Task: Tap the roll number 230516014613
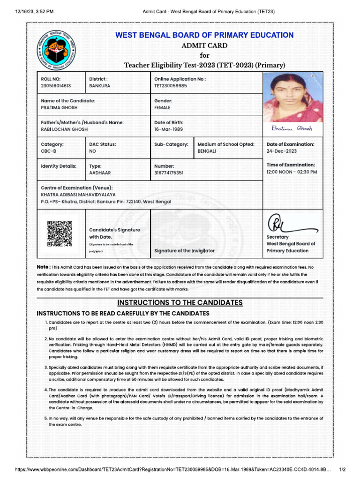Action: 56,86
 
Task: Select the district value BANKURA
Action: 100,86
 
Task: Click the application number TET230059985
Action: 171,86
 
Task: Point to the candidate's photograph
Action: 293,97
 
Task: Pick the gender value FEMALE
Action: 163,107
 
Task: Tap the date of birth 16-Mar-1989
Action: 169,129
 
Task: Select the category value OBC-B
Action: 49,151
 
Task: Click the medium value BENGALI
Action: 207,151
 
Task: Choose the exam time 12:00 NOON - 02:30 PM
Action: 292,172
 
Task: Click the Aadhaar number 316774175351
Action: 169,173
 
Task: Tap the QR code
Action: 60,233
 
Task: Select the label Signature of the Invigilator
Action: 184,251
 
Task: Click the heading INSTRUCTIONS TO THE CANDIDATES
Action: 180,303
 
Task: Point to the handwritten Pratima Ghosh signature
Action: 292,128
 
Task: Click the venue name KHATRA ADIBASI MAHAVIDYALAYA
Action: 78,195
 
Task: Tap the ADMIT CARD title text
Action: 204,46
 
